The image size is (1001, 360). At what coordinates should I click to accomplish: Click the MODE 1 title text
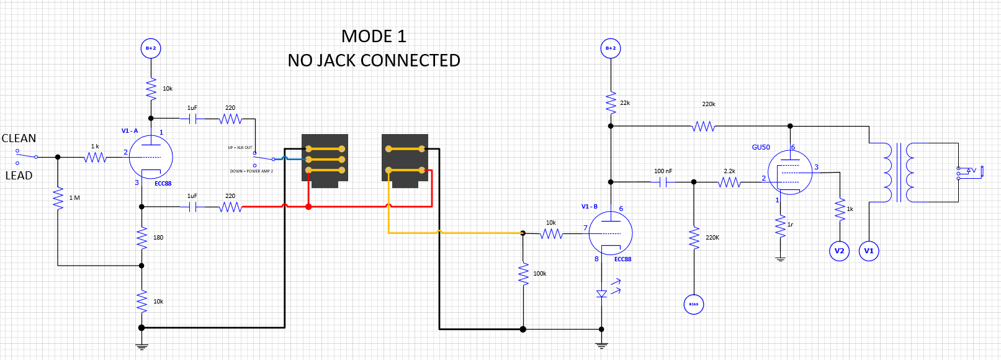coord(374,37)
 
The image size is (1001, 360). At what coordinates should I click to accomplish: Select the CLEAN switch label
coord(19,138)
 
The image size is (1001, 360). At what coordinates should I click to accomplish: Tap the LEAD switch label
coord(19,176)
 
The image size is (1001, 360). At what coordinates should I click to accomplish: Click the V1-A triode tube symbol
coord(151,157)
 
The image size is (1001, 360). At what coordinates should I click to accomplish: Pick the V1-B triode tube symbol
coord(611,233)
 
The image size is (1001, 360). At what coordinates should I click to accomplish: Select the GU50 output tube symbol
coord(790,173)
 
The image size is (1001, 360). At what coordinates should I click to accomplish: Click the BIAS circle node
coord(694,304)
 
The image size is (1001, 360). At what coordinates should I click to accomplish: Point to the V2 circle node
coord(839,251)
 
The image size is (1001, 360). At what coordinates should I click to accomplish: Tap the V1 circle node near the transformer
coord(869,251)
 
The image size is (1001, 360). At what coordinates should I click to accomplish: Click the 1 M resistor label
coord(74,198)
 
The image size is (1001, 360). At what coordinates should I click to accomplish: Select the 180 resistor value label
coord(158,238)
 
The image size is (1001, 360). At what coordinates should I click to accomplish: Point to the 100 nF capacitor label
coord(663,171)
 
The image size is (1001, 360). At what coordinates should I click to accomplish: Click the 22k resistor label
coord(625,103)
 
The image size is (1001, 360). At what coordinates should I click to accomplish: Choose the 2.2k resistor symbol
coord(730,182)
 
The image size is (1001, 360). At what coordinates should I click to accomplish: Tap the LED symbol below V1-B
coord(602,294)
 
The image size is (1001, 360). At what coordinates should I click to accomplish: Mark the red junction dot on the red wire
coord(308,207)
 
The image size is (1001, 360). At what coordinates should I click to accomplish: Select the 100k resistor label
coord(540,274)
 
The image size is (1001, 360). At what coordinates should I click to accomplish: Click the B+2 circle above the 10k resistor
coord(151,48)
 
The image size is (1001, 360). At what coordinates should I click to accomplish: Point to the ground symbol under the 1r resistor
coord(780,259)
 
